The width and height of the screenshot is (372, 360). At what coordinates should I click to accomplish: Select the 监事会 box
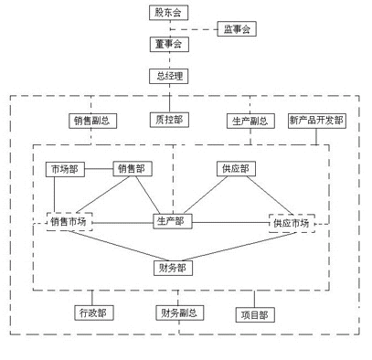237,29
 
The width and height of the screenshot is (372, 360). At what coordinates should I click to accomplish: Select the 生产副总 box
248,120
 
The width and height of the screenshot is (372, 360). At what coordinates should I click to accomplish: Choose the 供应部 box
233,169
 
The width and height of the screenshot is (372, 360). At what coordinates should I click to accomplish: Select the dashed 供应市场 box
291,222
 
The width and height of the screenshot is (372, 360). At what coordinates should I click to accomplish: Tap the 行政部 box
92,312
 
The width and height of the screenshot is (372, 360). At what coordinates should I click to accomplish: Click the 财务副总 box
178,312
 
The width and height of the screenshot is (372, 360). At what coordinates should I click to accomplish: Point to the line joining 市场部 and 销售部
99,170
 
